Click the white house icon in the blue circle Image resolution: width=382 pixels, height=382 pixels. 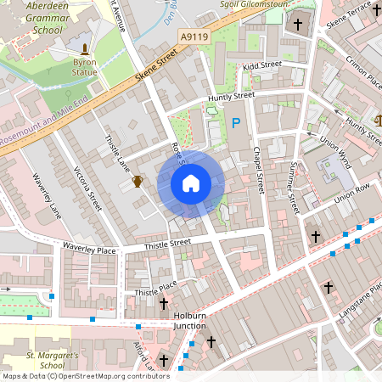[x=191, y=183]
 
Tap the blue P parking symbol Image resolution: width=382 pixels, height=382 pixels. [x=236, y=124]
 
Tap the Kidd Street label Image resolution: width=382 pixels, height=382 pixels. [x=261, y=65]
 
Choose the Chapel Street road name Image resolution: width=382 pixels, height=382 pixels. [x=258, y=169]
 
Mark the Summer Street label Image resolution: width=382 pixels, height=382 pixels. [x=294, y=187]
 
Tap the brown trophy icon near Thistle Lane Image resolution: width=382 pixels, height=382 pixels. [x=138, y=181]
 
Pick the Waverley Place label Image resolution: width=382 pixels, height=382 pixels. [x=89, y=250]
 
